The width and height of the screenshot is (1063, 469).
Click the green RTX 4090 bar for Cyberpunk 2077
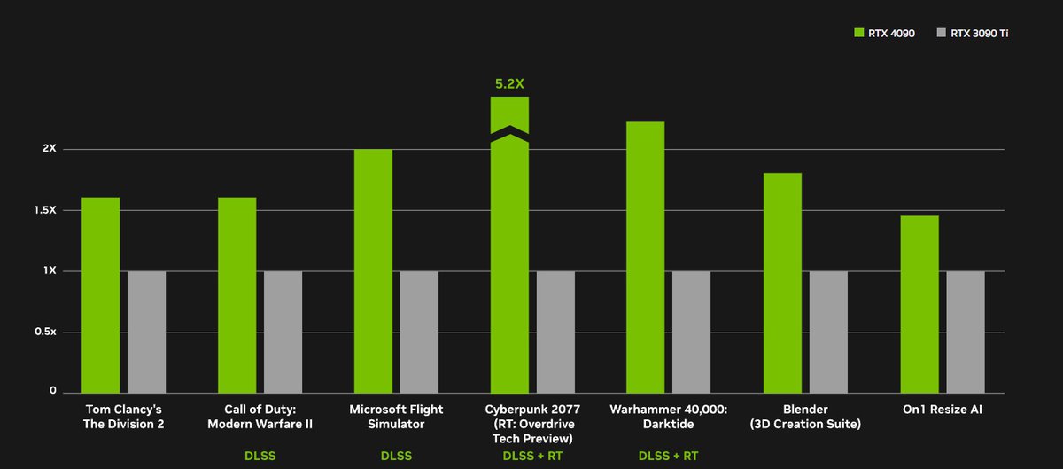pos(509,266)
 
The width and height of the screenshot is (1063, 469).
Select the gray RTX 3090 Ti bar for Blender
pos(828,332)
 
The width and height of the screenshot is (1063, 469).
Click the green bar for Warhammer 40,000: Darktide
pos(645,257)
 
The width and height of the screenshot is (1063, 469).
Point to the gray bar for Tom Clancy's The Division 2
pos(146,332)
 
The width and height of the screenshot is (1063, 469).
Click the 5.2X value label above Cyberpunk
pos(509,84)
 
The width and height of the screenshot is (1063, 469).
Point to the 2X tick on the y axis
pos(49,148)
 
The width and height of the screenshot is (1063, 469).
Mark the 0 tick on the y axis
pos(52,391)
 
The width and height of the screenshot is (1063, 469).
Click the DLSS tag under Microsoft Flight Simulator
pos(396,457)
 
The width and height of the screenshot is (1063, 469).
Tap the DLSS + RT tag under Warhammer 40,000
pos(668,457)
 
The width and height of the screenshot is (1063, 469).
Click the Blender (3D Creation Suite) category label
pos(805,417)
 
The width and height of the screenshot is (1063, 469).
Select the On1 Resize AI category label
pos(941,410)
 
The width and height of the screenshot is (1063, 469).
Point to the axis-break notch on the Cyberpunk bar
pos(509,134)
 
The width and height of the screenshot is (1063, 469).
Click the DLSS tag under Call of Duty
pos(260,457)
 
